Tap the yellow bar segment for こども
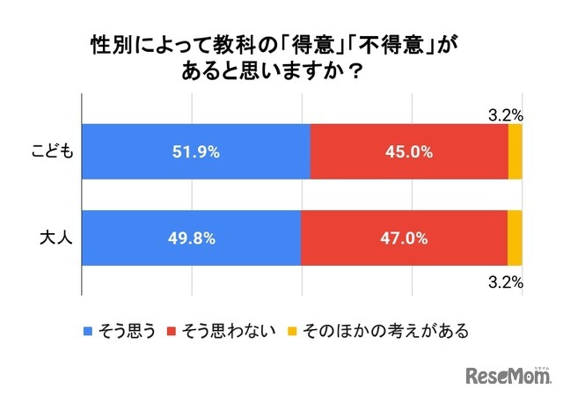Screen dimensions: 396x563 (515, 151)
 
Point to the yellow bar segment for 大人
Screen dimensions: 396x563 (515, 238)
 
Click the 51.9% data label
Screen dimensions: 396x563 (195, 151)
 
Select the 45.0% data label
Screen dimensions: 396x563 (409, 151)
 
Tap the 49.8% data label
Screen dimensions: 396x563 (191, 238)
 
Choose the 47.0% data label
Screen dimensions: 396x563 (404, 238)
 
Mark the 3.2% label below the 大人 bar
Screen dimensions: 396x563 (506, 282)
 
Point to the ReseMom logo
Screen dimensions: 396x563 (508, 374)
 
